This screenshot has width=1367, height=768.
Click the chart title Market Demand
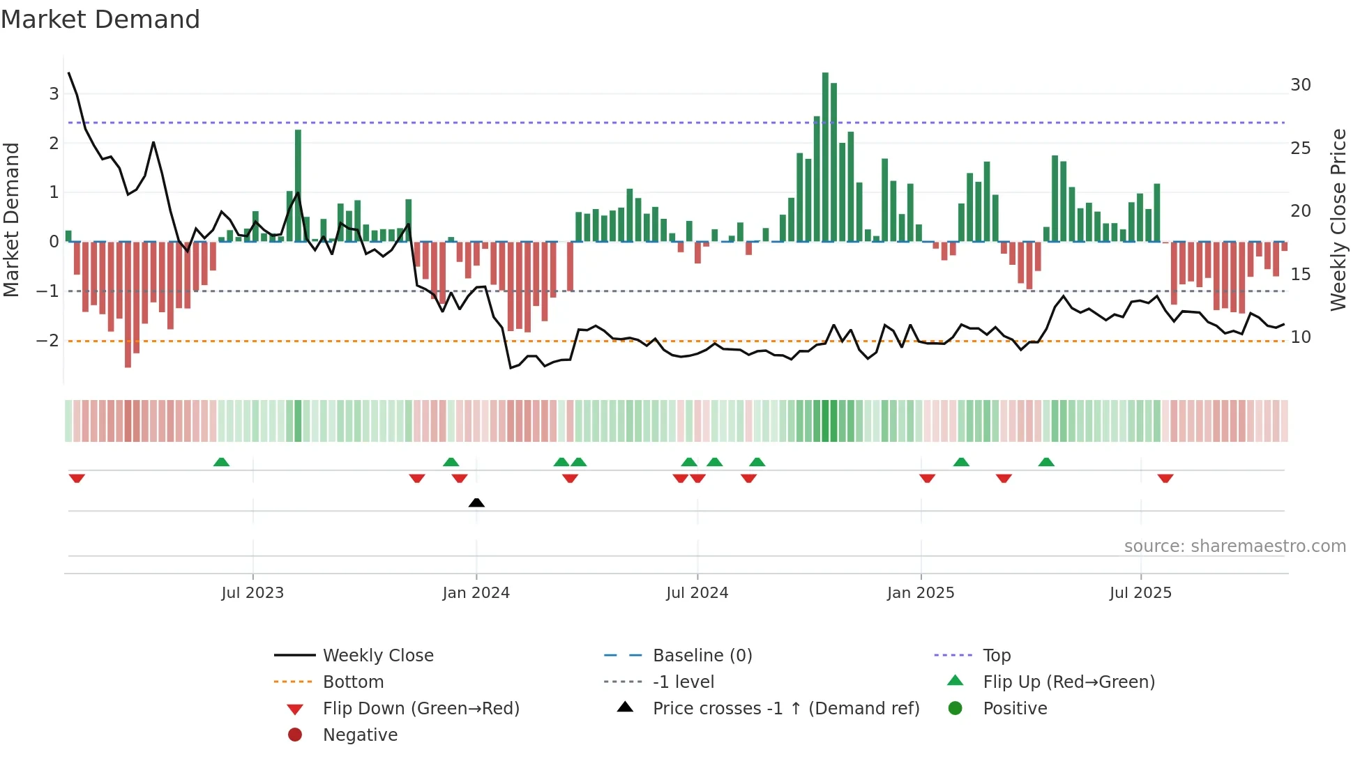[100, 20]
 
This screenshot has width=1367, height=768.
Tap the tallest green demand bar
[825, 157]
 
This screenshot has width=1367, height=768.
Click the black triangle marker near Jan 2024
[476, 502]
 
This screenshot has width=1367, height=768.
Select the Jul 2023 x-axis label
[252, 593]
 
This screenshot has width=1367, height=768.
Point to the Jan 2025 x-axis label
[921, 593]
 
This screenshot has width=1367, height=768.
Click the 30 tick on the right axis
[1300, 85]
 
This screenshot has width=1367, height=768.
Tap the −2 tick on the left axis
[47, 341]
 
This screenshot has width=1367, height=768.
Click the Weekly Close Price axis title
[1338, 220]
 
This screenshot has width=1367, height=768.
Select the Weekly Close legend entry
[377, 656]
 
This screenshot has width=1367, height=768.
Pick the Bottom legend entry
[353, 682]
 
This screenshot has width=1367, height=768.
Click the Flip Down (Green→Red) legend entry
[421, 709]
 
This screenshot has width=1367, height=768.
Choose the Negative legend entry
[360, 735]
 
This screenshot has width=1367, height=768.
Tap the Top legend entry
[997, 656]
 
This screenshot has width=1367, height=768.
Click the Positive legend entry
[1015, 709]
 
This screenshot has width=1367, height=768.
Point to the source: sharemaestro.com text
[1234, 546]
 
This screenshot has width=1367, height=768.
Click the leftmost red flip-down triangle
[77, 478]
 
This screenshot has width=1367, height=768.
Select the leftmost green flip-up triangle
[221, 462]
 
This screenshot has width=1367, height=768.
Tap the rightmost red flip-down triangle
[1165, 478]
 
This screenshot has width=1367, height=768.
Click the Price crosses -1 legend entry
[785, 709]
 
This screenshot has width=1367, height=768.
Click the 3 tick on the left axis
[54, 94]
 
